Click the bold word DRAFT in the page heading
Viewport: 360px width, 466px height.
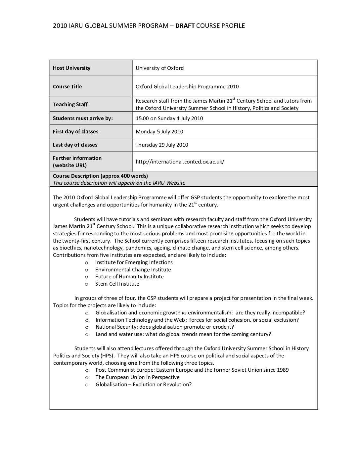click(x=185, y=25)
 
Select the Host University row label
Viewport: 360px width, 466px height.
click(x=71, y=68)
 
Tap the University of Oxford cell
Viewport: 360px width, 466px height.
click(x=159, y=68)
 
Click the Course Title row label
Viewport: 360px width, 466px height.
click(x=67, y=86)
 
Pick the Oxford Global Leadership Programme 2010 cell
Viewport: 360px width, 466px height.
click(x=187, y=86)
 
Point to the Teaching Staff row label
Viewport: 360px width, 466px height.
click(x=70, y=104)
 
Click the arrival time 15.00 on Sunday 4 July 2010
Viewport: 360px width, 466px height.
click(x=169, y=118)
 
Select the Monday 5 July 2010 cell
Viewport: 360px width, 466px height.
click(x=159, y=131)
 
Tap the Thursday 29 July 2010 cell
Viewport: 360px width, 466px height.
click(x=162, y=145)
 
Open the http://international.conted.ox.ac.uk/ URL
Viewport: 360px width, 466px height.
click(x=180, y=162)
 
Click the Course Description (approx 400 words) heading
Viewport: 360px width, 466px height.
click(x=100, y=176)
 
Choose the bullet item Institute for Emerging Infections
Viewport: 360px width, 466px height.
click(x=134, y=262)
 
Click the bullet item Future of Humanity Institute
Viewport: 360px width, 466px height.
click(x=129, y=276)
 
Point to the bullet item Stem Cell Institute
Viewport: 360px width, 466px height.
click(x=117, y=284)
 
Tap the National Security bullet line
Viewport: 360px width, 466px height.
click(x=164, y=327)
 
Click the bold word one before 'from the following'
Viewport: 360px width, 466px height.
click(x=132, y=363)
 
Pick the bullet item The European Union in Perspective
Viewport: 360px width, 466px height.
click(x=137, y=377)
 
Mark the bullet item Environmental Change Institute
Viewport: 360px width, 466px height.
click(x=133, y=269)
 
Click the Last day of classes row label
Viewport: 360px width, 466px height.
click(x=75, y=145)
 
